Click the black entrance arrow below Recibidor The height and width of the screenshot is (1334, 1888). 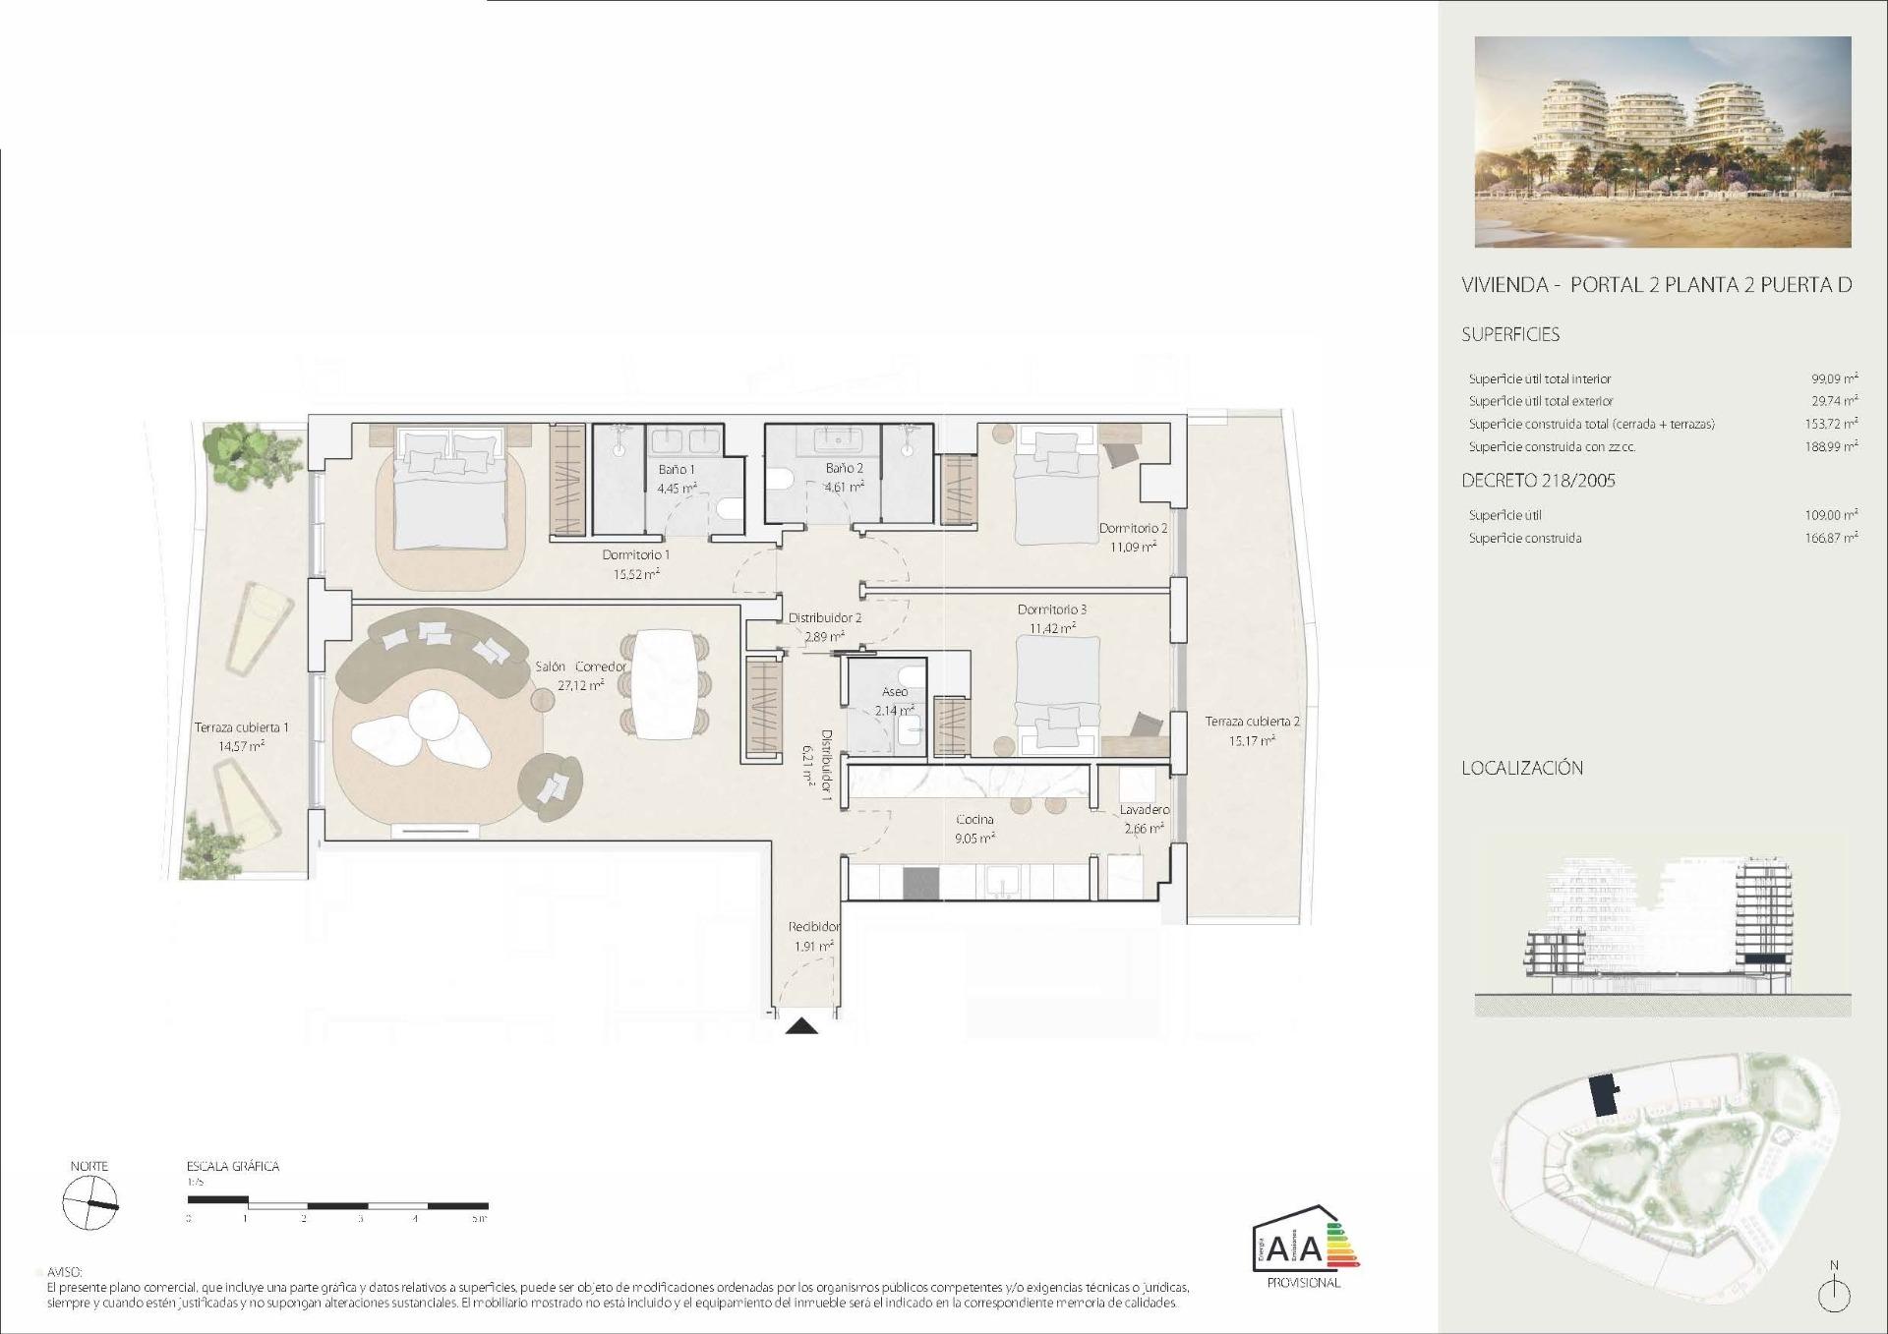[802, 1026]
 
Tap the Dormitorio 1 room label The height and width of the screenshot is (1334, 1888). [635, 554]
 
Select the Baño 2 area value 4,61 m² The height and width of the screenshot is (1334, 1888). [844, 487]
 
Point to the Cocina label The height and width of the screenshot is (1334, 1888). [974, 819]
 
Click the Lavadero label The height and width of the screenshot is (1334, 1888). [1145, 809]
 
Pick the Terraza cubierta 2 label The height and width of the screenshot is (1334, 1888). [1252, 721]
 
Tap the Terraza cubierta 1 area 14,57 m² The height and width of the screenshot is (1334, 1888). [241, 746]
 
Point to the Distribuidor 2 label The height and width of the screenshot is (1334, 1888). [824, 617]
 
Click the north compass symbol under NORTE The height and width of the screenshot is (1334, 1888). [89, 1203]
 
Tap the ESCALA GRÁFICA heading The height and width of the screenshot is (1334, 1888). [233, 1166]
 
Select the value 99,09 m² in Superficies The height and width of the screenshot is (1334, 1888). [1834, 378]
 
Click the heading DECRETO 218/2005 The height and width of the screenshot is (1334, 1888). [1538, 481]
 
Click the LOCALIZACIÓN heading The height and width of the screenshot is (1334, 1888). [1521, 768]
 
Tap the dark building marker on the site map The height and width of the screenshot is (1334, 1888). [1605, 1095]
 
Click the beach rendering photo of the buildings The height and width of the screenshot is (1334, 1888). [1662, 142]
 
